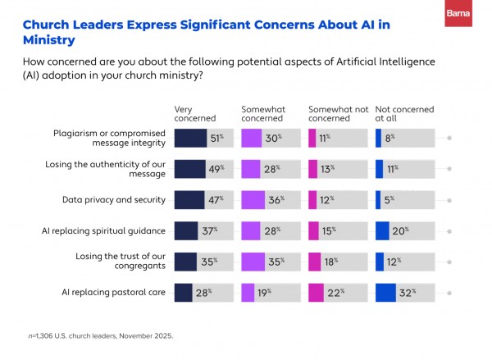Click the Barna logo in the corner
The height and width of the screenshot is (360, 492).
(x=458, y=13)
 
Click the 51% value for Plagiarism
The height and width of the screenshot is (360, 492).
(x=217, y=138)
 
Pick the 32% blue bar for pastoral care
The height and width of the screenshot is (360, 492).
(x=385, y=292)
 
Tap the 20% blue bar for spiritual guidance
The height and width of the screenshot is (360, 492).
(x=382, y=230)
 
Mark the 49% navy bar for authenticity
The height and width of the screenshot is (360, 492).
(x=189, y=168)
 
